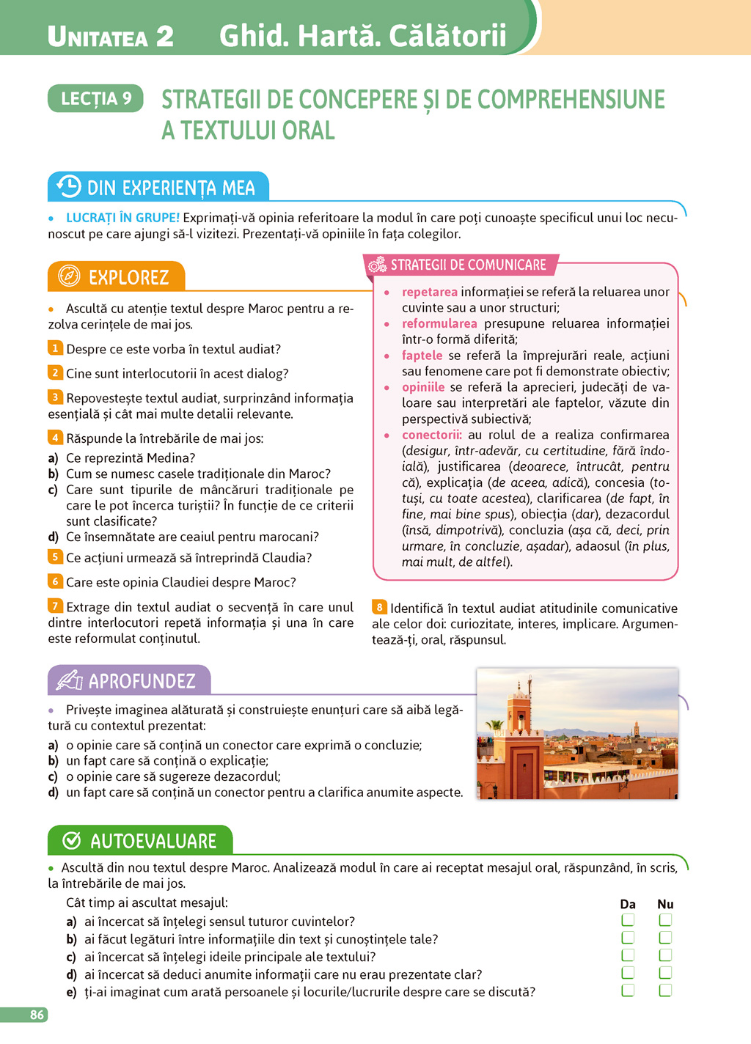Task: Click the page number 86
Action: click(x=37, y=1015)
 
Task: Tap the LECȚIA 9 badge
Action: click(x=96, y=98)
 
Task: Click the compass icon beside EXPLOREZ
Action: click(x=69, y=276)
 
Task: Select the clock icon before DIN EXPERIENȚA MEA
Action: click(x=69, y=186)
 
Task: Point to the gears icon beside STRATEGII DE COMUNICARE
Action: click(x=378, y=265)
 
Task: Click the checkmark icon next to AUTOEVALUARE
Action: click(x=72, y=840)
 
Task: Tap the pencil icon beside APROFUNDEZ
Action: click(x=70, y=680)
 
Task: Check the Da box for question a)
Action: click(x=628, y=920)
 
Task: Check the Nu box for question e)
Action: click(x=665, y=990)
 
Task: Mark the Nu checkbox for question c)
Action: click(x=665, y=955)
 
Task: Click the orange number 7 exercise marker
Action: click(x=55, y=606)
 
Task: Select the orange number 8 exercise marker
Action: click(x=379, y=607)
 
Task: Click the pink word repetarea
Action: click(x=429, y=292)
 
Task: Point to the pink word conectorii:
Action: click(x=432, y=435)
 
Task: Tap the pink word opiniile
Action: click(x=423, y=387)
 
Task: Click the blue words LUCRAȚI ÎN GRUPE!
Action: click(x=122, y=218)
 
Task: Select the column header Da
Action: click(x=628, y=904)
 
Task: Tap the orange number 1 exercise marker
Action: click(x=55, y=348)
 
